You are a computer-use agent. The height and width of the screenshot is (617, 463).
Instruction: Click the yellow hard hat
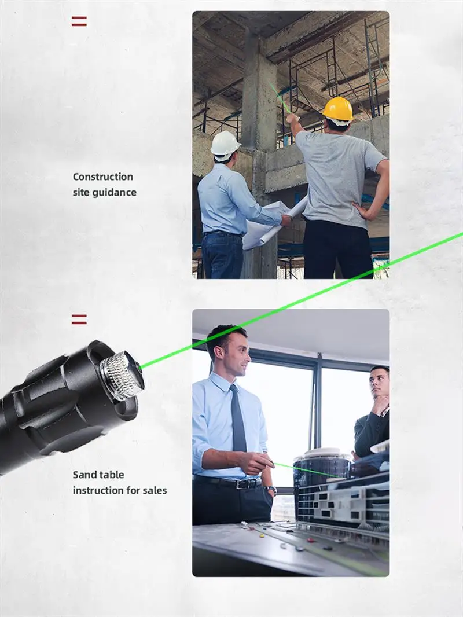(338, 109)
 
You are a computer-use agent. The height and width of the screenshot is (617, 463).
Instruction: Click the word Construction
(103, 177)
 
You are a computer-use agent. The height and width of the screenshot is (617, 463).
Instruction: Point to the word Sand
(85, 475)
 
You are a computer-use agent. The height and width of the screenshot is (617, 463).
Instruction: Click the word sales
(155, 490)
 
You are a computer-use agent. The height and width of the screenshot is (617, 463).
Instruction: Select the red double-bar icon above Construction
(79, 21)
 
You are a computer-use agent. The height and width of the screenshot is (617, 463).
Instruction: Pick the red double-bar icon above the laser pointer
(79, 319)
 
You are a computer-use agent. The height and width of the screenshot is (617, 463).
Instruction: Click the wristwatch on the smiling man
(271, 489)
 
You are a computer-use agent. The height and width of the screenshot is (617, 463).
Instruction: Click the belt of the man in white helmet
(223, 234)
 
